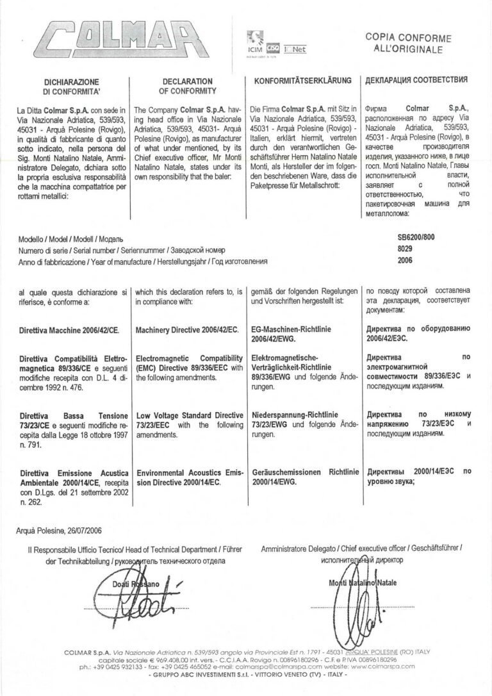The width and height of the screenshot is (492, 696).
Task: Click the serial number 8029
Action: pyautogui.click(x=404, y=249)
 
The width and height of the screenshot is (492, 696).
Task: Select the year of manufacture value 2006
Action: pyautogui.click(x=404, y=260)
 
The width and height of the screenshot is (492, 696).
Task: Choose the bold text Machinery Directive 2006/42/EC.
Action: pyautogui.click(x=188, y=329)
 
